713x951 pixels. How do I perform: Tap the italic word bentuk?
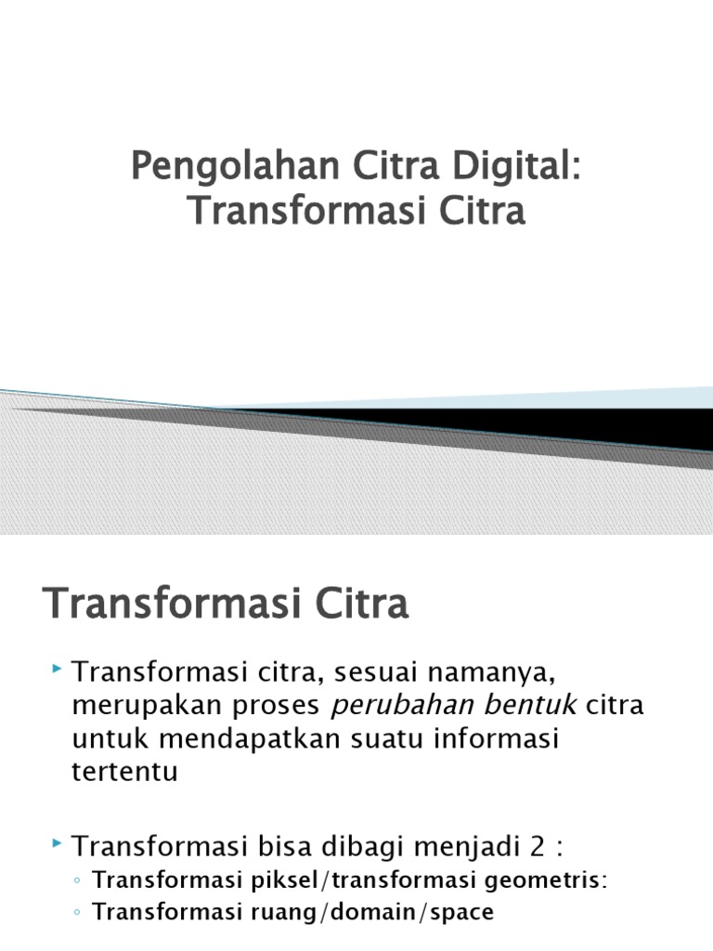pyautogui.click(x=531, y=705)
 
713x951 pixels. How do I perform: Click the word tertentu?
pyautogui.click(x=124, y=772)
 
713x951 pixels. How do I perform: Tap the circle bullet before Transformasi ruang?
pyautogui.click(x=78, y=913)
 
